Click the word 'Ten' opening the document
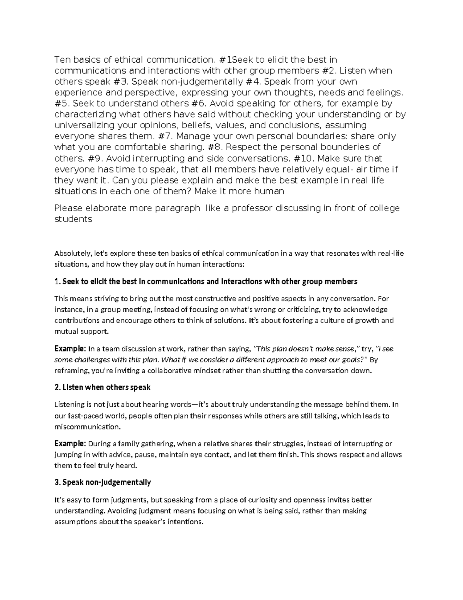61,60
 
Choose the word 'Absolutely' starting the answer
72,254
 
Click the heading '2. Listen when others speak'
102,388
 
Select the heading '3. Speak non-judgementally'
103,482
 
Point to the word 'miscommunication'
87,427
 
